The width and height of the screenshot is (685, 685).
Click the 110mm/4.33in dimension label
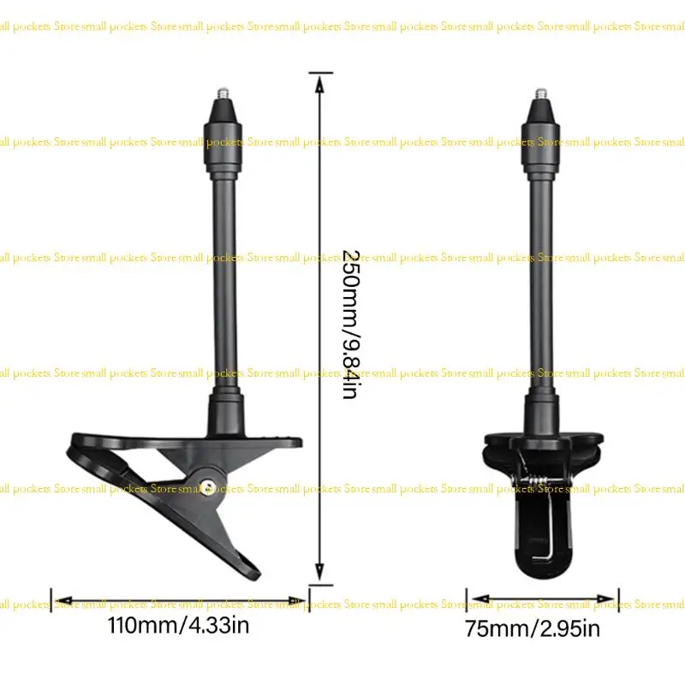[178, 625]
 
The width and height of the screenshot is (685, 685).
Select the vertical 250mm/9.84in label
[348, 324]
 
